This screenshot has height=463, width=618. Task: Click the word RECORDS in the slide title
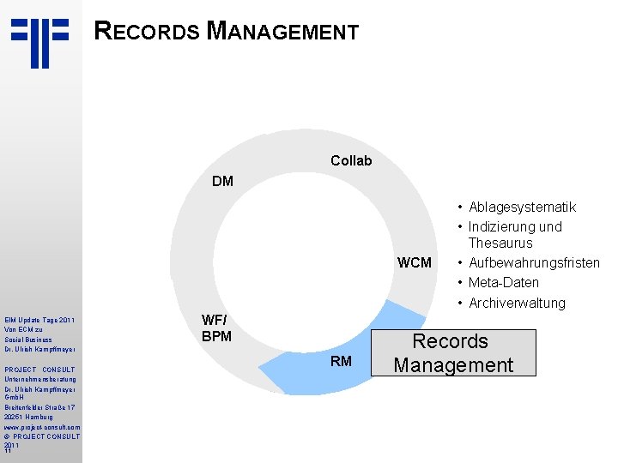point(148,33)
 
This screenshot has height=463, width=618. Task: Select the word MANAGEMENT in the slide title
point(283,33)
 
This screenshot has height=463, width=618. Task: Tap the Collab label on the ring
point(351,160)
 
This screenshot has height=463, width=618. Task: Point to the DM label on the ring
point(222,181)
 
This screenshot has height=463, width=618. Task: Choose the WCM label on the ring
point(414,262)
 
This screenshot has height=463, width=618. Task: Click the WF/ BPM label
point(216,328)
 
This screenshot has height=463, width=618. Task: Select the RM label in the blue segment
point(341,361)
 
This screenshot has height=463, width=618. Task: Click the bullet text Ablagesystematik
point(522,207)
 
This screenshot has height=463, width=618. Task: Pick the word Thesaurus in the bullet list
point(500,243)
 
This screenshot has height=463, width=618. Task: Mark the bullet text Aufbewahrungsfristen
point(534,262)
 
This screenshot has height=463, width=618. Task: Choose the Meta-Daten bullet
point(504,282)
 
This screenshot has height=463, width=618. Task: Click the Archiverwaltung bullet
point(517,303)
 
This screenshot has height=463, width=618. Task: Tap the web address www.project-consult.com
point(41,426)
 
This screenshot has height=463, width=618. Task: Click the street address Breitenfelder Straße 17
point(41,407)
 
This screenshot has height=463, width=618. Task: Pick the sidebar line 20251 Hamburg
point(31,417)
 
